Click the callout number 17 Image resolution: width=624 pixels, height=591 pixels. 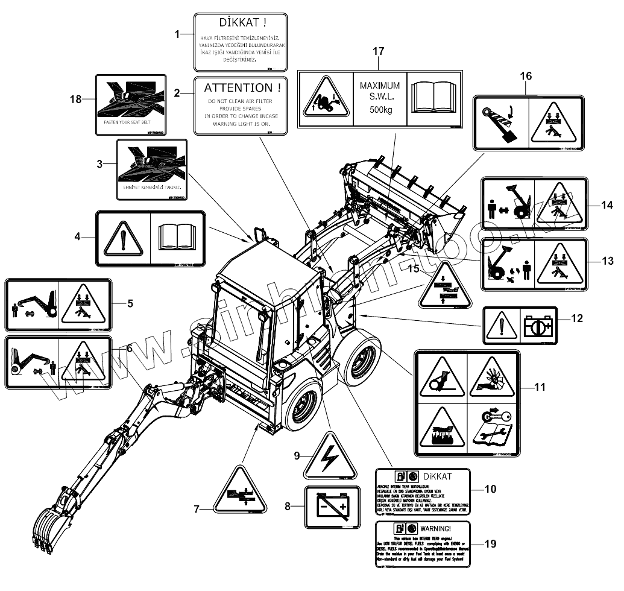tap(378, 51)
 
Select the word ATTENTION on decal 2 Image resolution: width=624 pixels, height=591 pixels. tap(238, 88)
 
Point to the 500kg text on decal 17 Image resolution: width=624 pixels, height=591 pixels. tap(380, 110)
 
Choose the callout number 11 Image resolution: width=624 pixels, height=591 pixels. tap(540, 387)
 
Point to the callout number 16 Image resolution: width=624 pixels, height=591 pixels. tap(526, 76)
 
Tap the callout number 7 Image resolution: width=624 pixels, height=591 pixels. tap(197, 509)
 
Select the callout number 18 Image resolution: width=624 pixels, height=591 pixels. tap(76, 99)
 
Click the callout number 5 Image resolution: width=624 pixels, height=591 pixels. tap(130, 303)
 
